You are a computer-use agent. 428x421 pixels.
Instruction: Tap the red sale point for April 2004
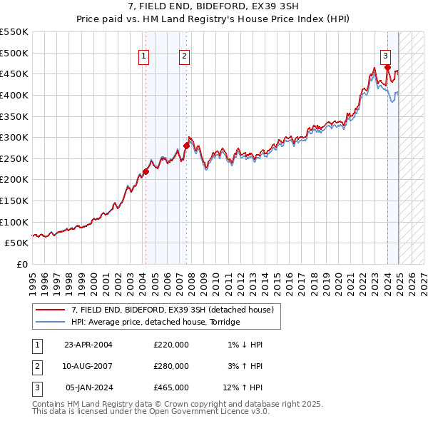(146, 171)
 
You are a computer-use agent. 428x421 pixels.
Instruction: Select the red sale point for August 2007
(186, 146)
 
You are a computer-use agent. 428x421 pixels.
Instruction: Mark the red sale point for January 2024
(387, 68)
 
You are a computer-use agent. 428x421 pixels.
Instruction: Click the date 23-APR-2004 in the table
(88, 345)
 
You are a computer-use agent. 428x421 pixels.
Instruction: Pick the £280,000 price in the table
(171, 366)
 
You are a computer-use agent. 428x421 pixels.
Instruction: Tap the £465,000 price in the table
(171, 387)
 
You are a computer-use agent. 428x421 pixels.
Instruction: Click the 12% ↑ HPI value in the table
(243, 387)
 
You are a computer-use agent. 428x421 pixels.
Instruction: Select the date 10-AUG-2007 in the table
(88, 366)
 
